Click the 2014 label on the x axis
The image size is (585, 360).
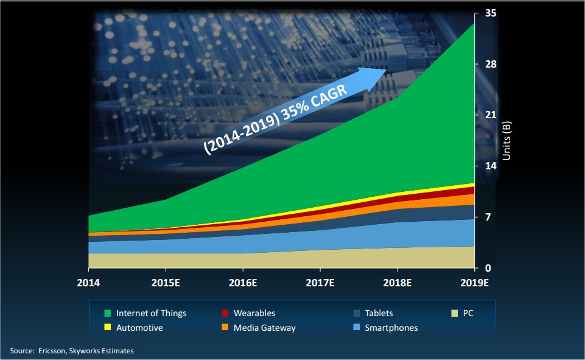tap(88, 283)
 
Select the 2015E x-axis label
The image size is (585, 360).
tap(166, 283)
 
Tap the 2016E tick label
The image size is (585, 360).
tap(243, 283)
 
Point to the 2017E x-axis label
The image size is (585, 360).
tap(320, 283)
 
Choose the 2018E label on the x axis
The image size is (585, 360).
tap(398, 283)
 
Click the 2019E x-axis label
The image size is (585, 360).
tap(475, 283)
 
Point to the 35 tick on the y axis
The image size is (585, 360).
tap(491, 13)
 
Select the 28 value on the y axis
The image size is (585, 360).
tap(491, 64)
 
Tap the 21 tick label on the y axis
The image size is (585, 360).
tap(491, 115)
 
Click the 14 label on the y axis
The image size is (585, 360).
tap(491, 166)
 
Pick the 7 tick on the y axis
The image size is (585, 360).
tap(488, 217)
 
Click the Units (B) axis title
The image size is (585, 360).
tap(506, 141)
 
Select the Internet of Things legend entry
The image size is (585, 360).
tap(145, 313)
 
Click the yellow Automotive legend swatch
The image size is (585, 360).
tap(108, 327)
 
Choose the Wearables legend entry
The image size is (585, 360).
tap(248, 313)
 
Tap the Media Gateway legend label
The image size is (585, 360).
tap(265, 328)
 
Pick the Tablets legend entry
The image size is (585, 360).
tap(373, 313)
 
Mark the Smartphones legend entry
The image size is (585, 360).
tap(385, 328)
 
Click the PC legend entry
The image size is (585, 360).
tap(462, 313)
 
